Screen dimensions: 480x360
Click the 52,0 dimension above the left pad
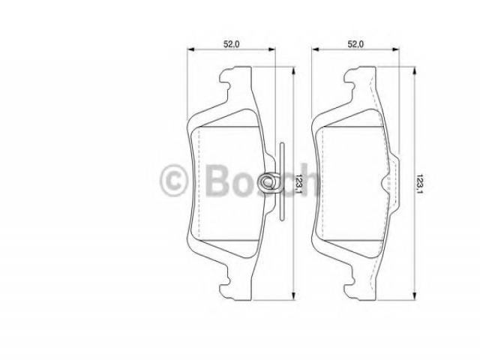coord(232,44)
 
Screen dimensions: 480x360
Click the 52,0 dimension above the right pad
coord(355,44)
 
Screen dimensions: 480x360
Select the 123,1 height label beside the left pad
coord(299,184)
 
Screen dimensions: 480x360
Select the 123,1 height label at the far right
coord(420,184)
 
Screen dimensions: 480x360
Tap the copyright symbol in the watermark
coord(173,180)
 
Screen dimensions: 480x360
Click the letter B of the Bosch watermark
coord(217,180)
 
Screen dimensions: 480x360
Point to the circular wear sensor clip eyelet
coord(268,182)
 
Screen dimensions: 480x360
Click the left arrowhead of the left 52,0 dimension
coord(191,49)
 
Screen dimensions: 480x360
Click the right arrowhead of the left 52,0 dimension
coord(271,49)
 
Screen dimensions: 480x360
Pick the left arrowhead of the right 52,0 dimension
coord(316,49)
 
